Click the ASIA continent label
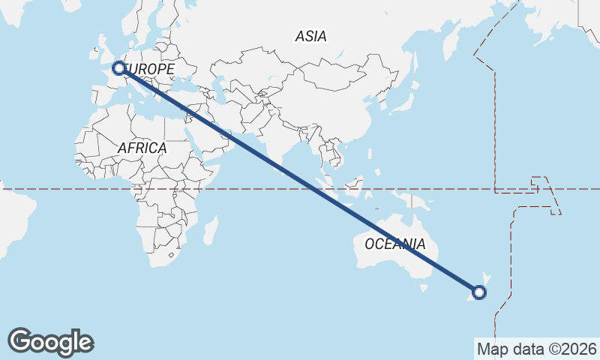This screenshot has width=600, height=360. pos(311,36)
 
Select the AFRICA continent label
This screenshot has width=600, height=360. pos(142,148)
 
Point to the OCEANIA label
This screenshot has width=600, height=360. pos(394,244)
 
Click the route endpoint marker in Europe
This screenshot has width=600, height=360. pos(118,68)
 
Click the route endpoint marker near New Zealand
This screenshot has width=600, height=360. pos(479,292)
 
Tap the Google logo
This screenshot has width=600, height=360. pos(50,342)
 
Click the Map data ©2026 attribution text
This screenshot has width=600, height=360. pos(537,349)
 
